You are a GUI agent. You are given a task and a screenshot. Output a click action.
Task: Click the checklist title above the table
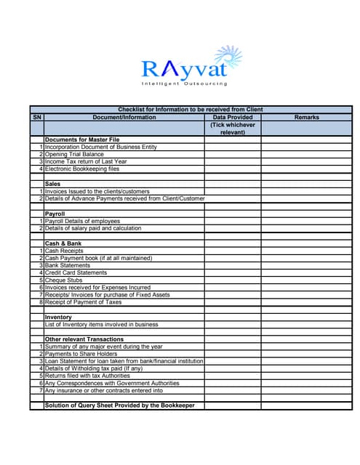point(190,110)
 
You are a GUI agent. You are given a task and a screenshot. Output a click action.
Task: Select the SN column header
point(37,117)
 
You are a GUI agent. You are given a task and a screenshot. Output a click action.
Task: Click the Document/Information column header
point(124,117)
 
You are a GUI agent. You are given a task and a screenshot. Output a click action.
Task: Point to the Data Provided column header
point(233,117)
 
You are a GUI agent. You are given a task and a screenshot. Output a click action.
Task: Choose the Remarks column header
point(307,117)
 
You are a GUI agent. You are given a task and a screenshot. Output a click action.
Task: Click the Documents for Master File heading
point(82,139)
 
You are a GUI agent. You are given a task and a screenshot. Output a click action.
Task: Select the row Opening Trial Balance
point(74,155)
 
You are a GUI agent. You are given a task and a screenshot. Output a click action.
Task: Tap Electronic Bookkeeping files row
point(81,169)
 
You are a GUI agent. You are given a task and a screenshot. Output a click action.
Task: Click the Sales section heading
point(53,184)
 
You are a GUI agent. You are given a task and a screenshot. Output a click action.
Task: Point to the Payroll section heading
point(55,214)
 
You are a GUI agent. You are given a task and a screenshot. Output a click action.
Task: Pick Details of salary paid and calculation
point(93,228)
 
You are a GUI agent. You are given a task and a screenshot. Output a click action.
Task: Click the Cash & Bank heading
point(63,243)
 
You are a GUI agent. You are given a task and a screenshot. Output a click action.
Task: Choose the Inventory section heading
point(58,318)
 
